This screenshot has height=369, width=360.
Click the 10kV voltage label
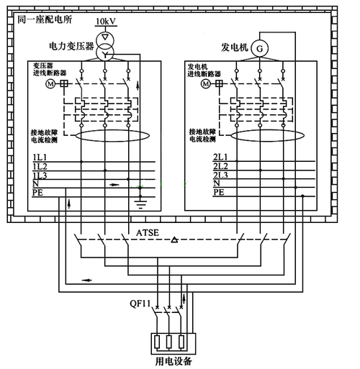[106, 22]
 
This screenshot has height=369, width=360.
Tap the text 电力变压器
[71, 46]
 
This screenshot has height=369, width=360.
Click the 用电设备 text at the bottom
[174, 361]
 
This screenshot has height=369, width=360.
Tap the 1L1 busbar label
[40, 157]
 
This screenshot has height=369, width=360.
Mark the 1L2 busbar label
[40, 166]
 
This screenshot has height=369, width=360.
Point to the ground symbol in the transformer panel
[139, 192]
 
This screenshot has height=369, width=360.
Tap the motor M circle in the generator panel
[207, 83]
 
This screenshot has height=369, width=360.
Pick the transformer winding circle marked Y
[105, 53]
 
